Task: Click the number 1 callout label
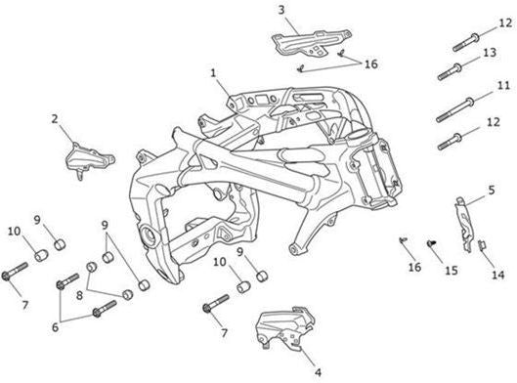point(214,73)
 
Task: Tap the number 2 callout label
point(55,119)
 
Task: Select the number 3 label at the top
point(280,10)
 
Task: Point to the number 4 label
point(318,372)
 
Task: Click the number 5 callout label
point(492,191)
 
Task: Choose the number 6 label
point(55,327)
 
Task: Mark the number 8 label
point(79,295)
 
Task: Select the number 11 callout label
point(503,86)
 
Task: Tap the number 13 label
point(490,53)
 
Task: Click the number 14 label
point(497,275)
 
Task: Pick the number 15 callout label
point(452,271)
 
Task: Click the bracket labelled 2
point(90,159)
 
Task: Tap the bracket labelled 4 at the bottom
point(285,327)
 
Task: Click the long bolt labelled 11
point(455,109)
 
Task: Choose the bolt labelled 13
point(450,71)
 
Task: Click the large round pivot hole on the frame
point(148,235)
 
